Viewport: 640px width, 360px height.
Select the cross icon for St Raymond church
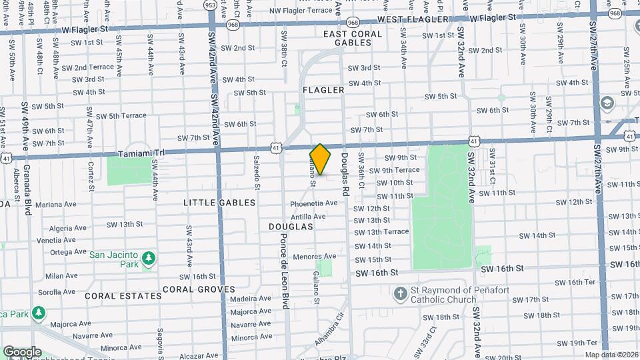pos(400,293)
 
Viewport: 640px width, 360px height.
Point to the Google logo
pos(22,352)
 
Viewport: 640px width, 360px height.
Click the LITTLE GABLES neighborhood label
pos(220,202)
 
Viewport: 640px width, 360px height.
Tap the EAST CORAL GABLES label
pos(347,38)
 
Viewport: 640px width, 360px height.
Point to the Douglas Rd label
pos(345,175)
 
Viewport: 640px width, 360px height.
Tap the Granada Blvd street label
pos(27,190)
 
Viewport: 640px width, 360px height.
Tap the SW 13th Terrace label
pos(381,232)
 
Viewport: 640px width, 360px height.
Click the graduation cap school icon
pos(607,103)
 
